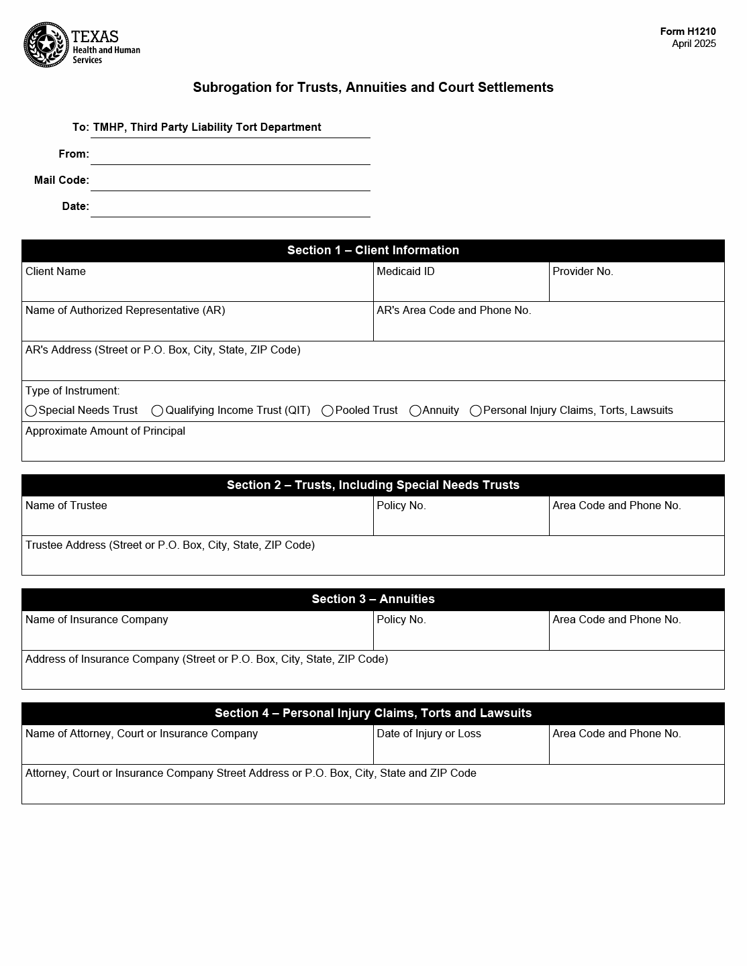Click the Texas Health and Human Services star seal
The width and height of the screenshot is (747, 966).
click(x=46, y=45)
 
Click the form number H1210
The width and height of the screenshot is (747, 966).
click(x=688, y=32)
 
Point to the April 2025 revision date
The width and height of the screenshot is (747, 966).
click(x=693, y=44)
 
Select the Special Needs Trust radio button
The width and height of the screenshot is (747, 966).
click(x=31, y=411)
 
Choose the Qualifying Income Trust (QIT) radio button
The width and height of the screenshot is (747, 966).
click(x=157, y=411)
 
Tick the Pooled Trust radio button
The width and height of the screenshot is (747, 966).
click(x=328, y=411)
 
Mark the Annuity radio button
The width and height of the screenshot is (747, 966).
click(x=415, y=411)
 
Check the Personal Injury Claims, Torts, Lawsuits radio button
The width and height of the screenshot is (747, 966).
click(x=476, y=411)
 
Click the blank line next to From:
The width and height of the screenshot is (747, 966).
click(x=230, y=156)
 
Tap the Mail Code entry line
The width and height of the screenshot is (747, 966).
click(x=230, y=182)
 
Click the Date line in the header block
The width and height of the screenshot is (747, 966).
click(x=230, y=208)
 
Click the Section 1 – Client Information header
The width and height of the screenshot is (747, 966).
click(x=373, y=250)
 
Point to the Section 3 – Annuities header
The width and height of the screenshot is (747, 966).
click(x=373, y=599)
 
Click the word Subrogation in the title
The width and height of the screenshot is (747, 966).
click(x=232, y=87)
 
